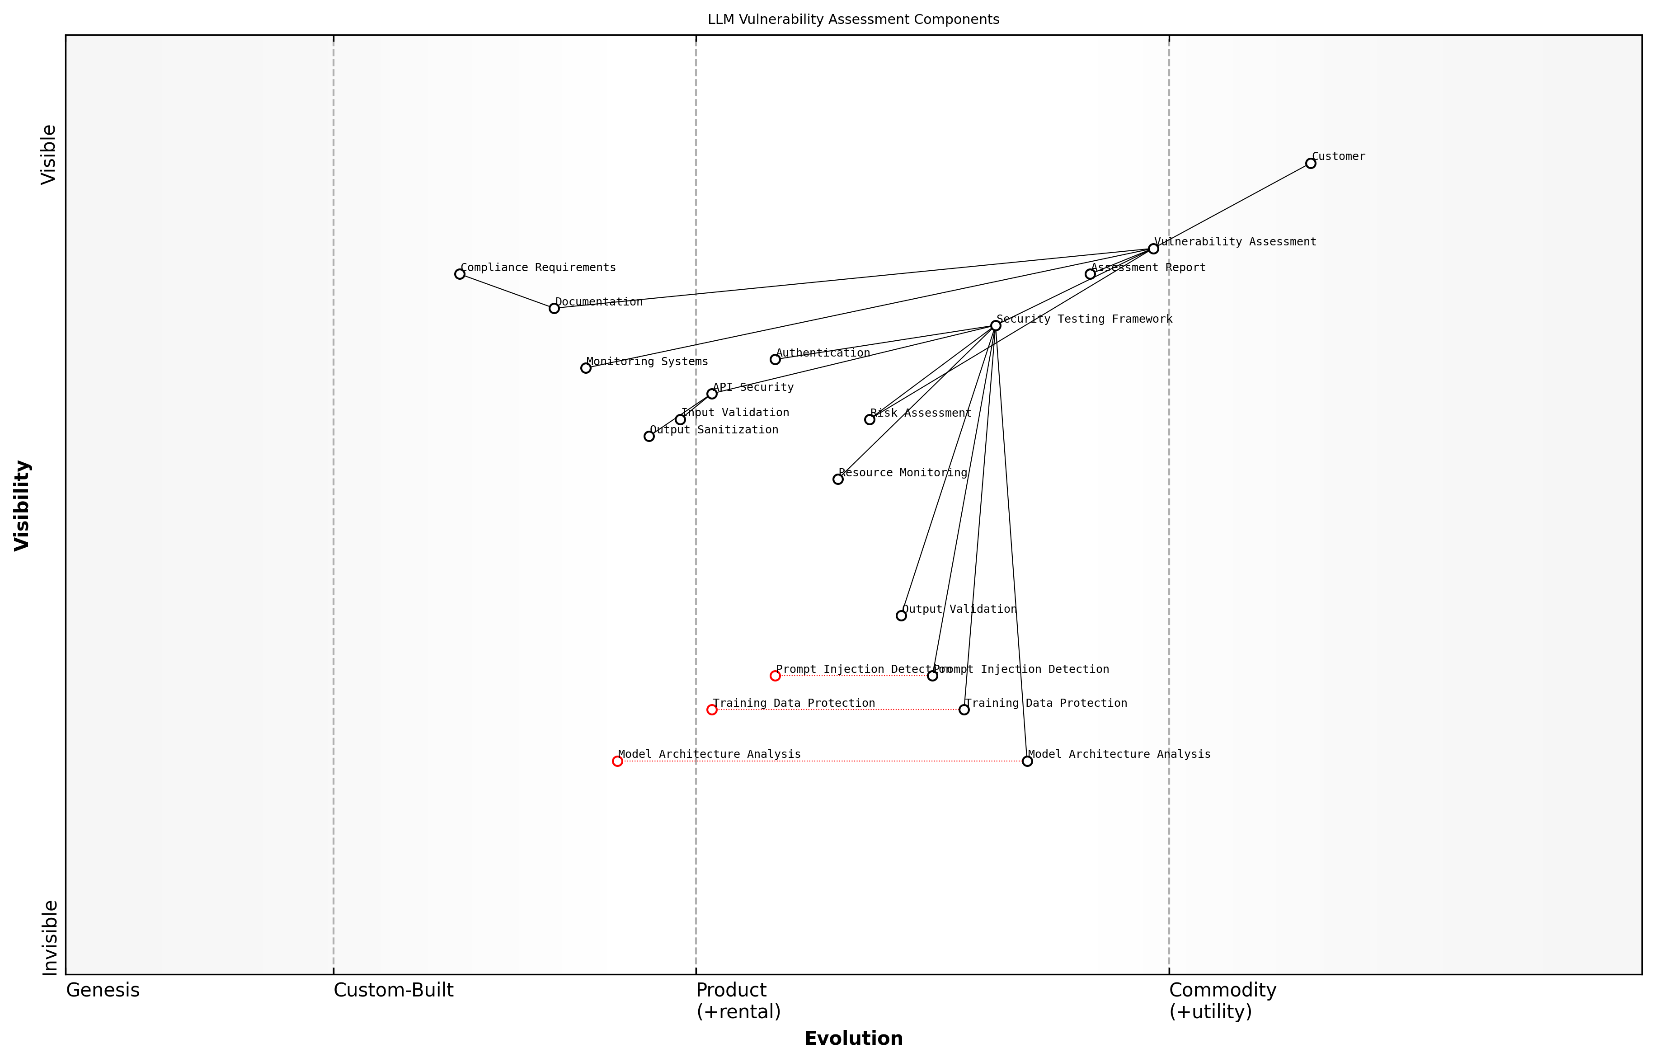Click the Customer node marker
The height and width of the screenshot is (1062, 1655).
pos(1310,164)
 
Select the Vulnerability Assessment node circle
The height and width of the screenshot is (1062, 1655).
pos(1153,249)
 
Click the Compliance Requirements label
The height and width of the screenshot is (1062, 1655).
pos(538,268)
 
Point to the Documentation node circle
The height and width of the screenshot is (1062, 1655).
pos(554,308)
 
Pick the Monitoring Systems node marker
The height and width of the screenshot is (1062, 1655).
pos(585,368)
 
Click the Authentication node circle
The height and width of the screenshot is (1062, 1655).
pos(775,359)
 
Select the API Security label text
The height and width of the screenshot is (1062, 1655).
pos(753,388)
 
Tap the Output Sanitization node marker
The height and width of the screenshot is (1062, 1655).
pos(648,437)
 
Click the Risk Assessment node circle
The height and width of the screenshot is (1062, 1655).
pos(869,419)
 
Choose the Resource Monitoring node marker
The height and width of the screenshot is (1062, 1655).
pos(837,479)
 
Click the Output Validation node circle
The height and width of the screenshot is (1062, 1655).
pos(901,616)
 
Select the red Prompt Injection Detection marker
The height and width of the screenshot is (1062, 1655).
pos(775,676)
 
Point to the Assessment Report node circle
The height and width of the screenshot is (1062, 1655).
pos(1090,274)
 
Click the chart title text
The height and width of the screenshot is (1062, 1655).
pos(853,19)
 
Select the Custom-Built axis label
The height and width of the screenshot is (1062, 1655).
pos(393,990)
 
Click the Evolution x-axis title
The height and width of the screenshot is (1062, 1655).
pos(853,1039)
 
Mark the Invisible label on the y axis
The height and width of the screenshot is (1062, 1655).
pos(50,938)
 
